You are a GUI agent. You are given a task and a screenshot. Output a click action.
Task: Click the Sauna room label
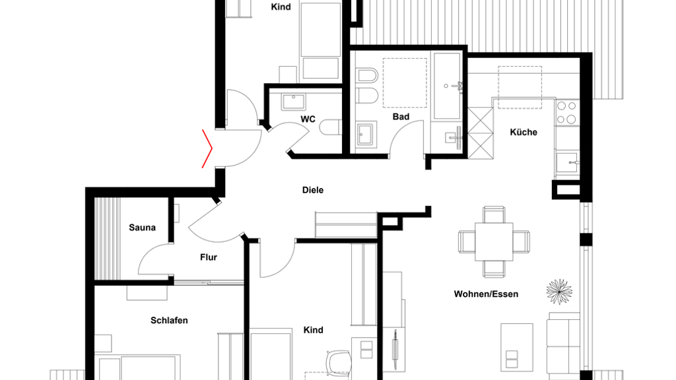[142, 228]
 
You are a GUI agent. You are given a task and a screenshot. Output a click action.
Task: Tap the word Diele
[312, 190]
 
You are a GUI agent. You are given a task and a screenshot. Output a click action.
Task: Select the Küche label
[524, 132]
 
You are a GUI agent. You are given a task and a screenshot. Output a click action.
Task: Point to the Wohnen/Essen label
[486, 294]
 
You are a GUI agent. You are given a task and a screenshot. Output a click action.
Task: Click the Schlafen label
[169, 321]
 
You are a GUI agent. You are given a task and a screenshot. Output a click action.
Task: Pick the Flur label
[208, 257]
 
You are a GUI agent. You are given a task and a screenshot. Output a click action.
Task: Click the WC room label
[308, 119]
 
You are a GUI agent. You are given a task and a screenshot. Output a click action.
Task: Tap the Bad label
[401, 117]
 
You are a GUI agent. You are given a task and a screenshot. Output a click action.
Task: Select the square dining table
[494, 241]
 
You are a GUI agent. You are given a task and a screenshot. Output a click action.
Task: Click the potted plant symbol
[559, 292]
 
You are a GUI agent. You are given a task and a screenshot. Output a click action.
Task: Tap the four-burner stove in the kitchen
[566, 112]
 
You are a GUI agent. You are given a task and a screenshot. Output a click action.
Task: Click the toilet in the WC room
[331, 127]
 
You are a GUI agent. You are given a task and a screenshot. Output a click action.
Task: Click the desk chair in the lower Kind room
[339, 361]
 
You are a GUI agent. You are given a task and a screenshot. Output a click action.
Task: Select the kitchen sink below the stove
[567, 162]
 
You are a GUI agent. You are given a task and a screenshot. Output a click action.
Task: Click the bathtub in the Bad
[447, 86]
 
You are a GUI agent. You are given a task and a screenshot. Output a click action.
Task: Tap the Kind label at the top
[281, 7]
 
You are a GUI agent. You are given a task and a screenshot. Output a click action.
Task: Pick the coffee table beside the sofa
[516, 347]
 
